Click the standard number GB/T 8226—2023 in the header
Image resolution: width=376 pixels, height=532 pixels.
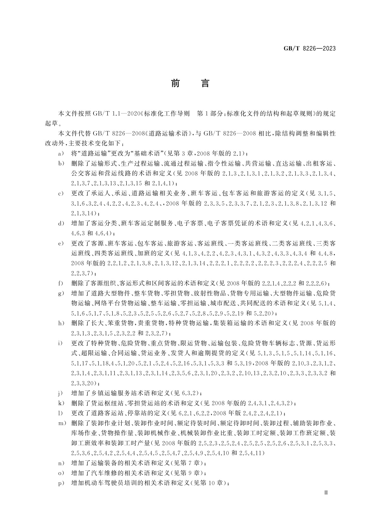click(x=309, y=48)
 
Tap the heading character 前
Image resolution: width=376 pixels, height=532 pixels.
click(x=175, y=83)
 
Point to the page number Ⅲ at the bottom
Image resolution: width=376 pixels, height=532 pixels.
click(x=326, y=492)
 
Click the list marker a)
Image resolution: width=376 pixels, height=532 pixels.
click(x=61, y=154)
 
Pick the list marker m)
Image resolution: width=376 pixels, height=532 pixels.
click(x=62, y=423)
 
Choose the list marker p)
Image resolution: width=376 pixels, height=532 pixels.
click(x=61, y=483)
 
